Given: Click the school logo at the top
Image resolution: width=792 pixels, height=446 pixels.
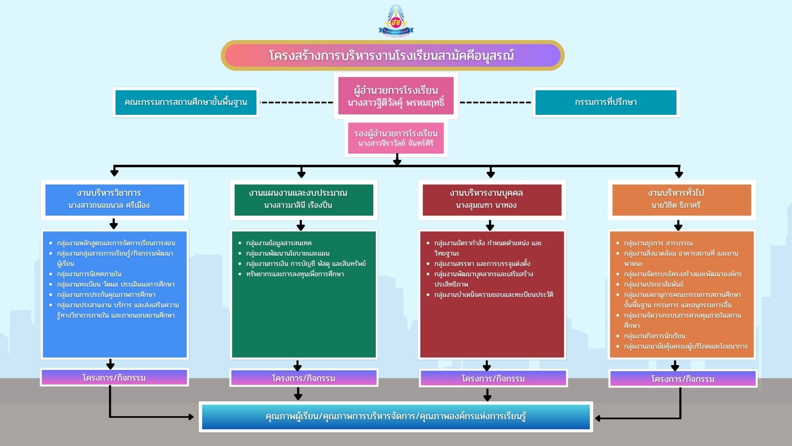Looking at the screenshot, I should point(396,21).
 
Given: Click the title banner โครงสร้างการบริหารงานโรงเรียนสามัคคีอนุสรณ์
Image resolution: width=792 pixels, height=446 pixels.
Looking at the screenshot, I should point(392,55).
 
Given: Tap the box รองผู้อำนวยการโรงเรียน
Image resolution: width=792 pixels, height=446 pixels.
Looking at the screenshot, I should point(396,138).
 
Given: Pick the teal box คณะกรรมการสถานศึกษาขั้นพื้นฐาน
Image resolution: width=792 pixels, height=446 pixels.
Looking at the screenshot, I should point(186,102).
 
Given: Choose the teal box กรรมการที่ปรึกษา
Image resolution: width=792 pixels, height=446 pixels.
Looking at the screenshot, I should point(606,102).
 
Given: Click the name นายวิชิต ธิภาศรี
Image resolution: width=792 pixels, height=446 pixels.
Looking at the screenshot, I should point(676,205).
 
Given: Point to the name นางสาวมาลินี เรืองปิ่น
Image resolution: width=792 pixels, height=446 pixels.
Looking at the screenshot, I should point(298,205).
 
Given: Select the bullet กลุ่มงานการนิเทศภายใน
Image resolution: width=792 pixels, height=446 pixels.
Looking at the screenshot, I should point(89,274).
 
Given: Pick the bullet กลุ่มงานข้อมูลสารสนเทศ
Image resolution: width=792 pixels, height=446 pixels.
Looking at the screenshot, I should point(279,243).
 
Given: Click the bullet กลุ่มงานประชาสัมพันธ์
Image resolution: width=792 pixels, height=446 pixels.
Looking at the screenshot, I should point(654,285).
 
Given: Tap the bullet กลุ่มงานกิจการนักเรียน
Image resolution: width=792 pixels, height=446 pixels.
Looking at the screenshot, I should point(655,336).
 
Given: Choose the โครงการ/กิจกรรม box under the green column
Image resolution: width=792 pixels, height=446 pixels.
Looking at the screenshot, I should point(304,378).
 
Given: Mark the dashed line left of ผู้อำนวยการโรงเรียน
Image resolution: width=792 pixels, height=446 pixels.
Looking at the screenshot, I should point(296,102).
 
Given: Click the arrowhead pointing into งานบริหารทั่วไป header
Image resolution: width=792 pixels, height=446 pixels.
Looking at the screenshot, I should point(679,174).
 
